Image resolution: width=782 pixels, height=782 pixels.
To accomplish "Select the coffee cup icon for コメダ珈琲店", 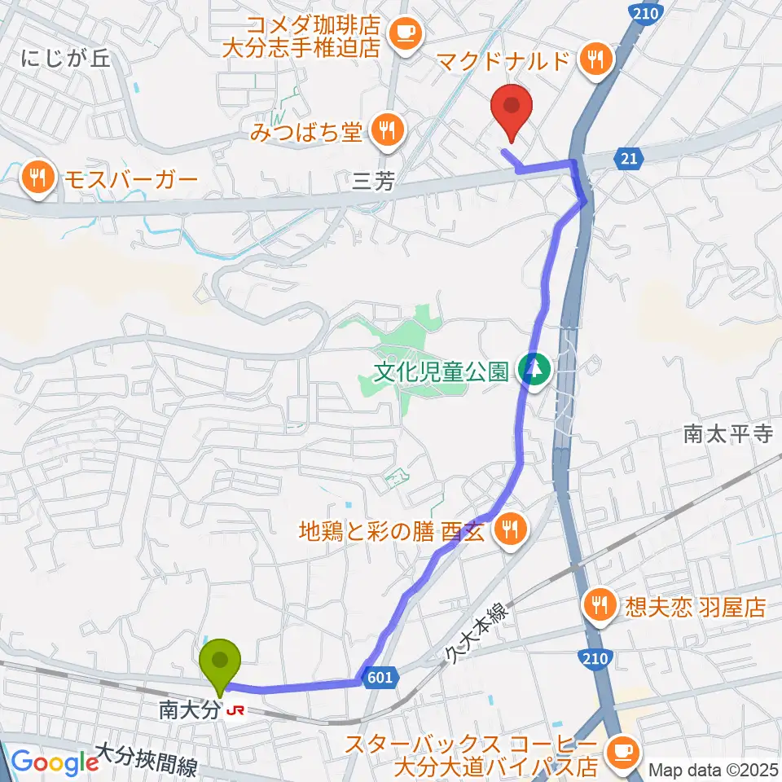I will coord(404,33).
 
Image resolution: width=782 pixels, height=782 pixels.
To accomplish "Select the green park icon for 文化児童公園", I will coord(534,371).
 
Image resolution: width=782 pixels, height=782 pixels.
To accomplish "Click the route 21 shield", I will coord(628,158).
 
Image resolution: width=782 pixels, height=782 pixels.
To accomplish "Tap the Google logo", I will coord(55,762).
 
